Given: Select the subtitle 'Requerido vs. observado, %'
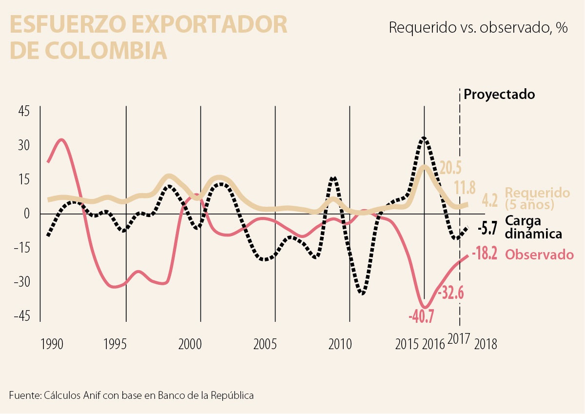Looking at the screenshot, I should [x=478, y=28].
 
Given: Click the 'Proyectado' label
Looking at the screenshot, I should [x=499, y=94].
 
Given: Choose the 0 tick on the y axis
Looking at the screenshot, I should [x=27, y=214].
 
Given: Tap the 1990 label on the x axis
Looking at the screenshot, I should [x=51, y=344].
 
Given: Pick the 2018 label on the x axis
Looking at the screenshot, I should [x=485, y=344].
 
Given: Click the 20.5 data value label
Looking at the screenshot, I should [x=450, y=168].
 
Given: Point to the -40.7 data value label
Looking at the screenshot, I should [x=421, y=317].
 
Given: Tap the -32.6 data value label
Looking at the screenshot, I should [x=450, y=294].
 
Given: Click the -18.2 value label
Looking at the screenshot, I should [x=484, y=255].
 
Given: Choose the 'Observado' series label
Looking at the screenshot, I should [x=539, y=255].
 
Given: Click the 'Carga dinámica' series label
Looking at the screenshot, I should [x=533, y=227].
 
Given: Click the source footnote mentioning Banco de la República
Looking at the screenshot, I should [x=132, y=395].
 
